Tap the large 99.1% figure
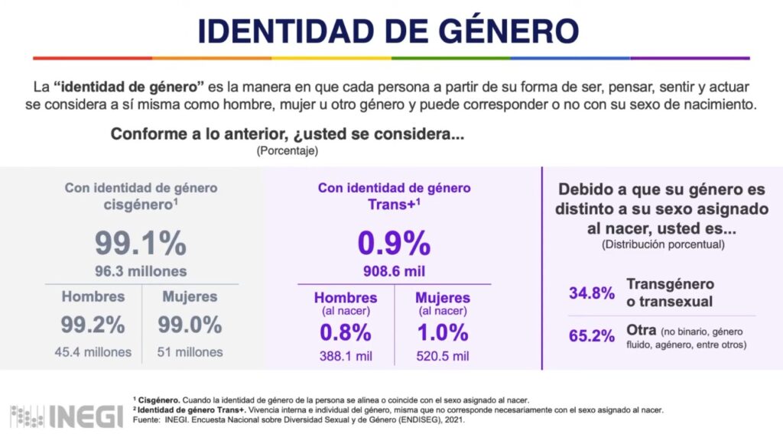click(141, 243)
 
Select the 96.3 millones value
click(141, 271)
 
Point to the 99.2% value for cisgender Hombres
click(93, 325)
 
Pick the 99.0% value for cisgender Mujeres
click(190, 325)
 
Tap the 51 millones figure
click(190, 352)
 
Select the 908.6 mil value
click(394, 271)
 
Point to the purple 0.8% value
click(346, 332)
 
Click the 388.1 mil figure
click(346, 356)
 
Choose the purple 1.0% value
click(442, 332)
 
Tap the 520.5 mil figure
click(442, 356)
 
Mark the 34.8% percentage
click(591, 293)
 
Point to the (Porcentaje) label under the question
click(287, 151)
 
